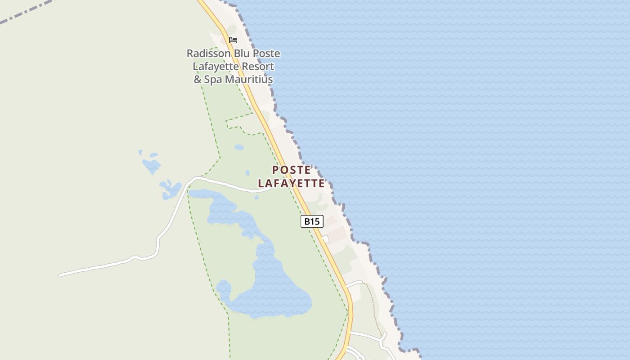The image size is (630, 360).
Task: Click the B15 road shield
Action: (x=312, y=221)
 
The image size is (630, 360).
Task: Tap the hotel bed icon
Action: (x=233, y=40)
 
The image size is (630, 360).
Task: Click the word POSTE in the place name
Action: (x=291, y=170)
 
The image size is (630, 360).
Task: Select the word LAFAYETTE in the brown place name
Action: (x=291, y=184)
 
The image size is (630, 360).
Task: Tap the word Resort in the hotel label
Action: (x=257, y=67)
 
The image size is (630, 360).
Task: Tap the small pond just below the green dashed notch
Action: (x=239, y=147)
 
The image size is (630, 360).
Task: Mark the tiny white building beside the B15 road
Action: (x=325, y=239)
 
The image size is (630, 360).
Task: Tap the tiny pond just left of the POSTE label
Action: (x=247, y=172)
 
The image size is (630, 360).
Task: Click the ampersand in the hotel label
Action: (x=198, y=80)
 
